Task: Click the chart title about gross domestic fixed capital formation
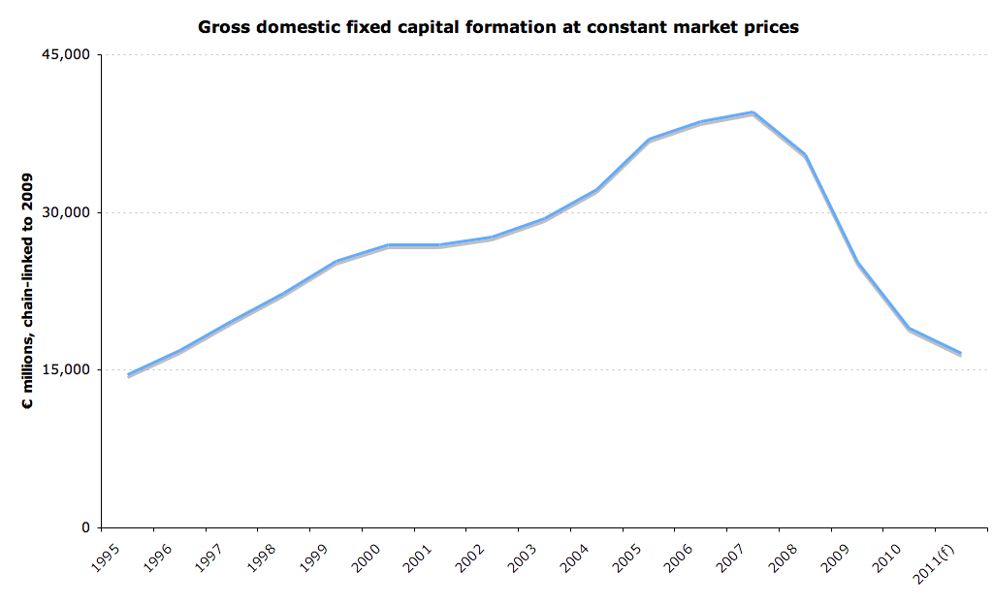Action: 498,27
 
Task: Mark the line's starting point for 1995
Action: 129,374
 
